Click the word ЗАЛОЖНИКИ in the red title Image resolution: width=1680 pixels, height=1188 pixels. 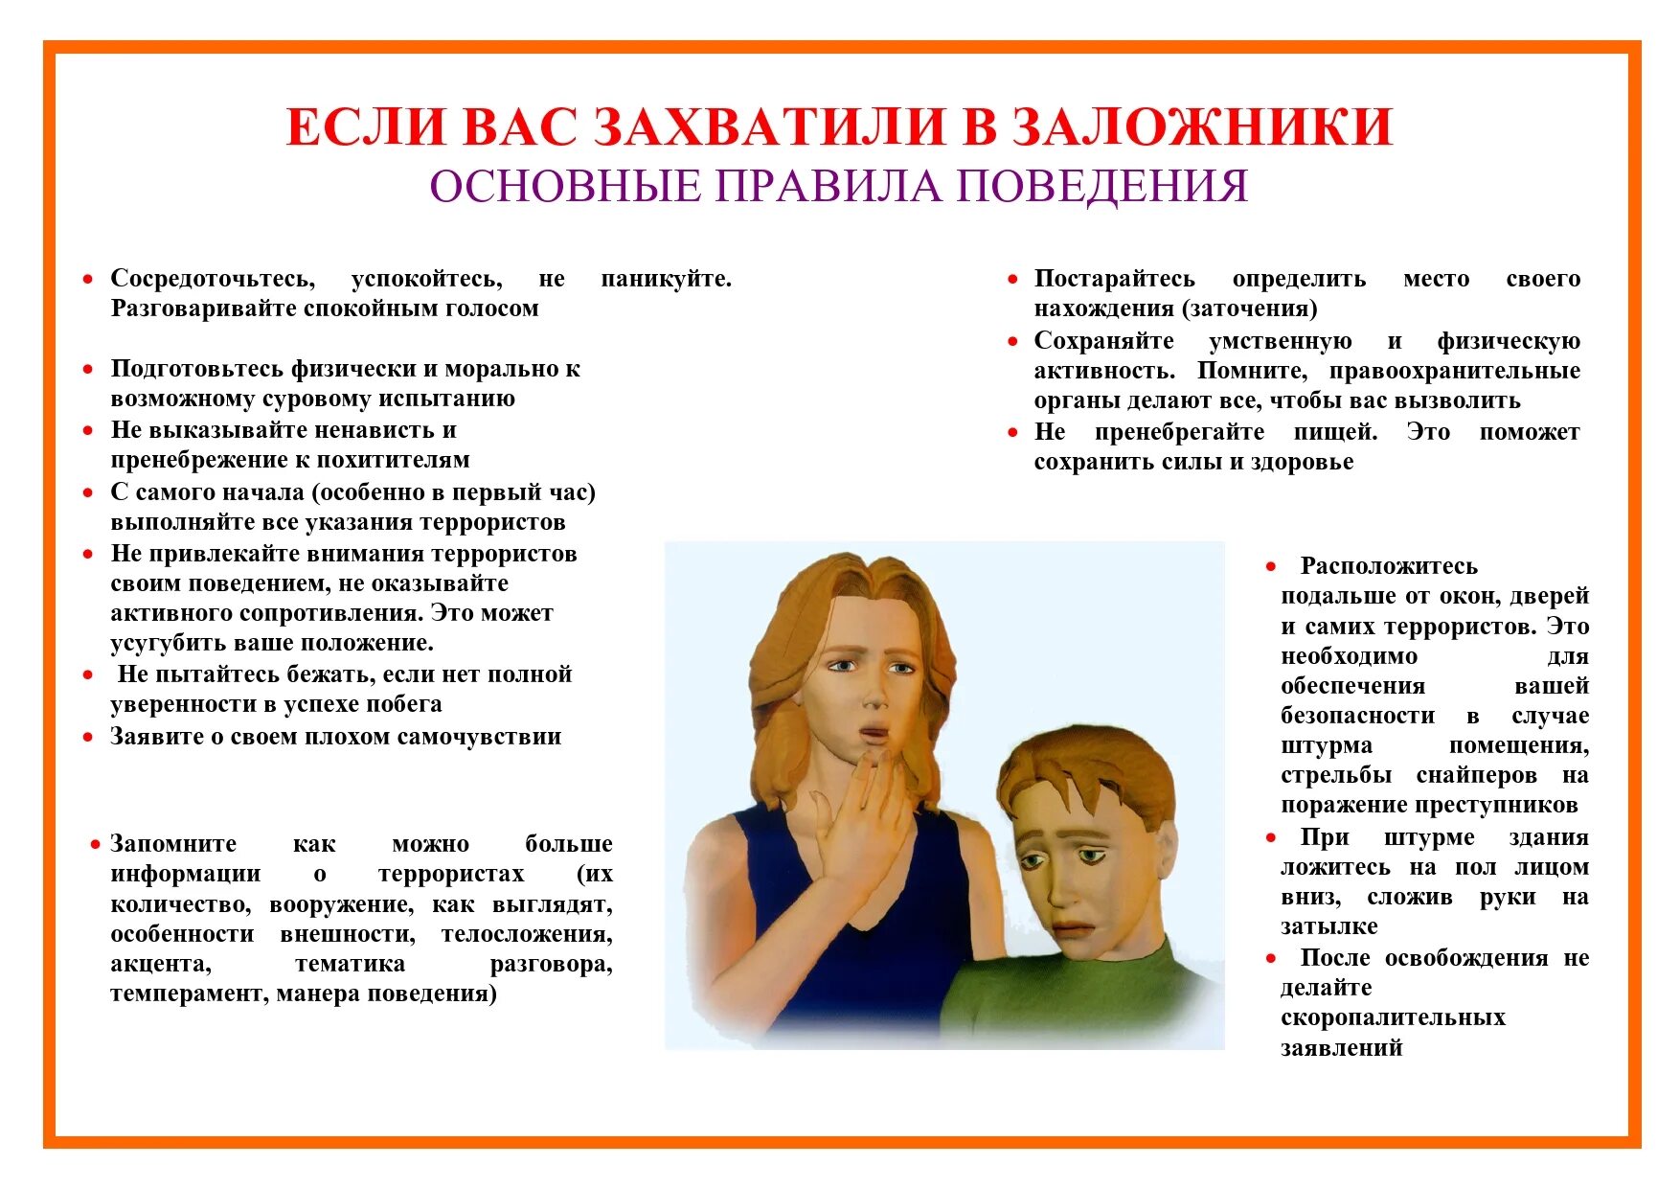(x=1201, y=127)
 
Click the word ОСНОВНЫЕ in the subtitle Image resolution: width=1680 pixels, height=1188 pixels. (x=564, y=186)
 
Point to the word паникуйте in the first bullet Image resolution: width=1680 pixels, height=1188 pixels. (x=666, y=279)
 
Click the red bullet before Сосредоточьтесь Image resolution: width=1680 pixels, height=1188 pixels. (x=88, y=279)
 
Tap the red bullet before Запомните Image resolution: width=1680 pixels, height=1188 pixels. (x=95, y=844)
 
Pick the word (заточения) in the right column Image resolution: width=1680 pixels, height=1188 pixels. (x=1249, y=308)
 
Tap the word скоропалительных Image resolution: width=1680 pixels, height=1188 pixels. (x=1393, y=1017)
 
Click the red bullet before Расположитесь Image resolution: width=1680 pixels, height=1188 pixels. (x=1271, y=566)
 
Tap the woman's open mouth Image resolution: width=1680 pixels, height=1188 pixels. (x=873, y=735)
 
